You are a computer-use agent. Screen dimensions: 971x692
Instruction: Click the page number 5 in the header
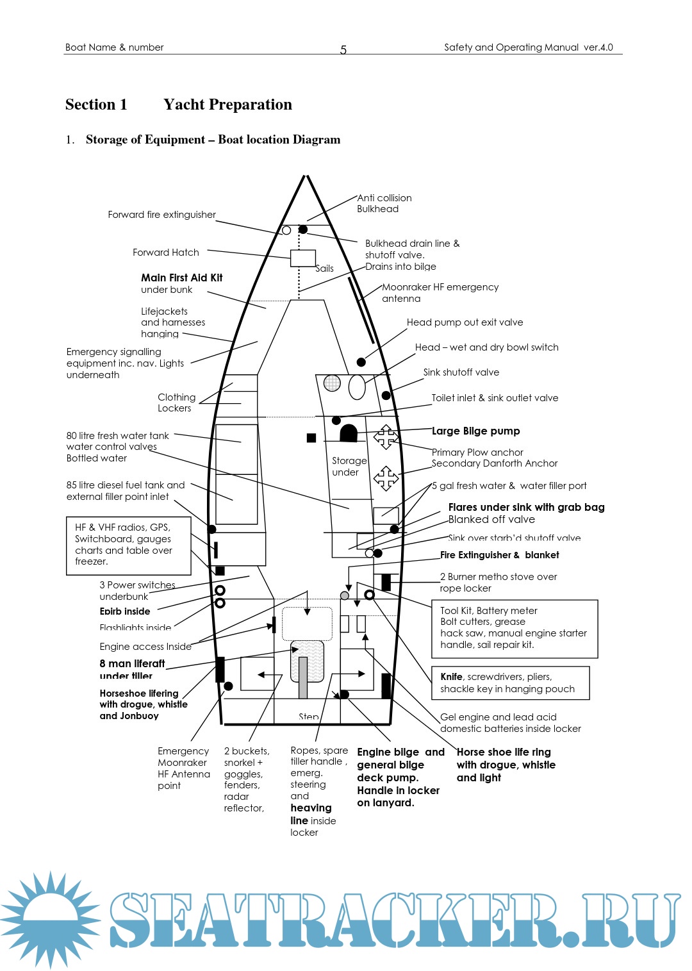coord(343,50)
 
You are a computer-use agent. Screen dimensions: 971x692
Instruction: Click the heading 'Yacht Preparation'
coord(227,104)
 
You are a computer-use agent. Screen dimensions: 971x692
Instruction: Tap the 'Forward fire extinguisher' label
coord(161,215)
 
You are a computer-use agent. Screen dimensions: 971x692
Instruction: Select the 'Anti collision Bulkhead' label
coord(384,203)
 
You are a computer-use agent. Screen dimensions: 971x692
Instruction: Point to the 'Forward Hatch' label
coord(165,253)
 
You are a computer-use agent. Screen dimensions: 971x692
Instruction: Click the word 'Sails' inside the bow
coord(324,269)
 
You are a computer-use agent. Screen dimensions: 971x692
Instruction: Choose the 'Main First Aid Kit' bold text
coord(181,278)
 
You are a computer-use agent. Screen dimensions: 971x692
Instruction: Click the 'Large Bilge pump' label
coord(475,431)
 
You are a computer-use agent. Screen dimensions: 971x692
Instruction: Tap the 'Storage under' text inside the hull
coord(349,466)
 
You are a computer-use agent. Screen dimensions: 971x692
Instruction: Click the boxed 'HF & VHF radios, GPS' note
coord(128,545)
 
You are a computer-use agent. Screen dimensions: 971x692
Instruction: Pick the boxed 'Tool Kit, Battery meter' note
coord(514,628)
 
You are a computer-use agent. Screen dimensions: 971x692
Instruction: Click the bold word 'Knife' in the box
coord(451,677)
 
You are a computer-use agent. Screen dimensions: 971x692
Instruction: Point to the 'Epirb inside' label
coord(125,611)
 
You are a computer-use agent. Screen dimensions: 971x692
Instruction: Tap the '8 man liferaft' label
coord(132,664)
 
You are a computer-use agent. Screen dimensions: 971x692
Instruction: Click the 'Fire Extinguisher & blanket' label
coord(499,555)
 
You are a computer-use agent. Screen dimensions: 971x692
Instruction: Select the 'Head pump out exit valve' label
coord(465,322)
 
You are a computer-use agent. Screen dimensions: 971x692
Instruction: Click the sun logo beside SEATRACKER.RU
coord(50,918)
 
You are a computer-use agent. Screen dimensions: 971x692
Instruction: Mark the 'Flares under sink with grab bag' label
coord(526,508)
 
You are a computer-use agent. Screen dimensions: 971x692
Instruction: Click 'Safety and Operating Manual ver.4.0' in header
coord(528,47)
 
